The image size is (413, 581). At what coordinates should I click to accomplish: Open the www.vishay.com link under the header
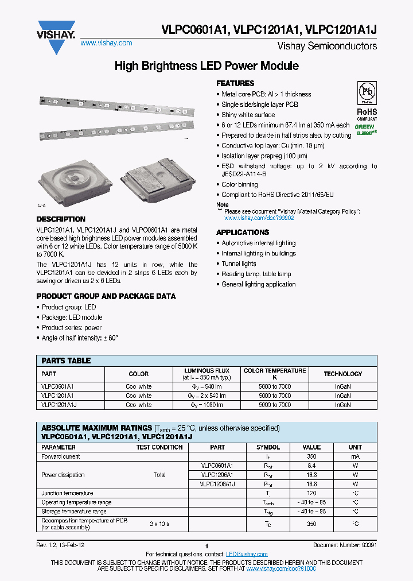(x=106, y=43)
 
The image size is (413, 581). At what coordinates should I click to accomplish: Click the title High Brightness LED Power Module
(x=206, y=66)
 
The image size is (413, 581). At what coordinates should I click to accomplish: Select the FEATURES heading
(x=235, y=83)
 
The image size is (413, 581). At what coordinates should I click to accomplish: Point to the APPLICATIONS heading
(x=242, y=232)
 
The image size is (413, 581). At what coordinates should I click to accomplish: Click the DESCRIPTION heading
(x=61, y=219)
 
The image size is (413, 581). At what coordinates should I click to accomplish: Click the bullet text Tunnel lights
(x=239, y=264)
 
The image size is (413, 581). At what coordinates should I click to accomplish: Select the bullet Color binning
(x=240, y=185)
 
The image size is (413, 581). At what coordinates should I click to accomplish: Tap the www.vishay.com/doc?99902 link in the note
(x=259, y=218)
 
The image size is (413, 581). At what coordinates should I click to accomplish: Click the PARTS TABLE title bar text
(x=66, y=361)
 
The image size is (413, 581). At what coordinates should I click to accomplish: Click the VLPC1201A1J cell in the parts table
(x=59, y=405)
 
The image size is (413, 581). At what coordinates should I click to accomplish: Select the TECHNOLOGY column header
(x=342, y=374)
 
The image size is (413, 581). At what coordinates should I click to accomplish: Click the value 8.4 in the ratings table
(x=311, y=466)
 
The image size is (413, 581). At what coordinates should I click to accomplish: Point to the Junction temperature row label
(x=67, y=493)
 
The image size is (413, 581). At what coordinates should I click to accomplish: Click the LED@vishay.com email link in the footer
(x=247, y=554)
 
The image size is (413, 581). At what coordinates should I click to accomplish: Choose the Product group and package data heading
(x=106, y=296)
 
